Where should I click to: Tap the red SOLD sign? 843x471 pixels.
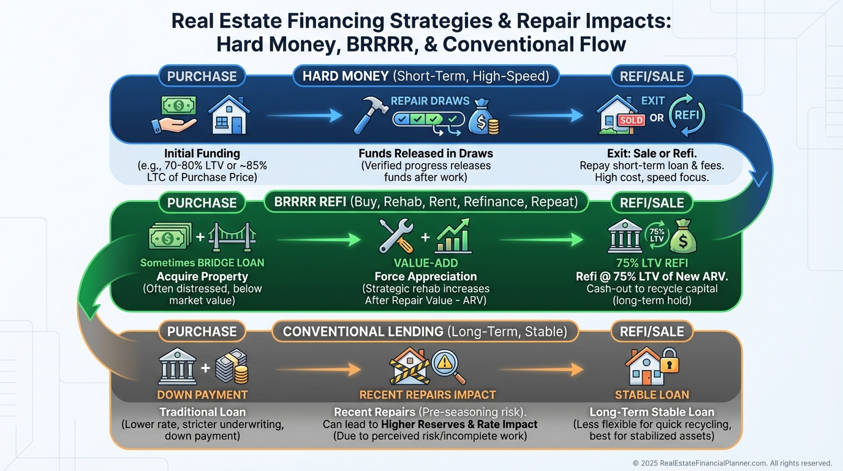[x=630, y=120]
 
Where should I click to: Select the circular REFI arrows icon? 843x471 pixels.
[x=687, y=115]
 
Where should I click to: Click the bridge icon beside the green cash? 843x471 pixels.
[x=232, y=237]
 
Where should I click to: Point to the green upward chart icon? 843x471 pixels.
[x=452, y=237]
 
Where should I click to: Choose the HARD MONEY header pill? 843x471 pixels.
[x=425, y=76]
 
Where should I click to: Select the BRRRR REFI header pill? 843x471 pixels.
[x=426, y=201]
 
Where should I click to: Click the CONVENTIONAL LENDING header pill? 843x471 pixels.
[x=425, y=332]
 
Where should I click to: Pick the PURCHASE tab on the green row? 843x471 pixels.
[x=202, y=203]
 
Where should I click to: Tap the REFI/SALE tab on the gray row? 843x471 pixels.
[x=651, y=332]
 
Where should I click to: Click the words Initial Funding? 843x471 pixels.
[x=202, y=153]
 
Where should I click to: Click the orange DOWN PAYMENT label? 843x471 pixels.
[x=202, y=394]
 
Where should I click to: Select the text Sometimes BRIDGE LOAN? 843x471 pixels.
[x=202, y=263]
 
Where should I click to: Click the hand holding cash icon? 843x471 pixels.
[x=175, y=115]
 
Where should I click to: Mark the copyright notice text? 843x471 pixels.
[x=732, y=463]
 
